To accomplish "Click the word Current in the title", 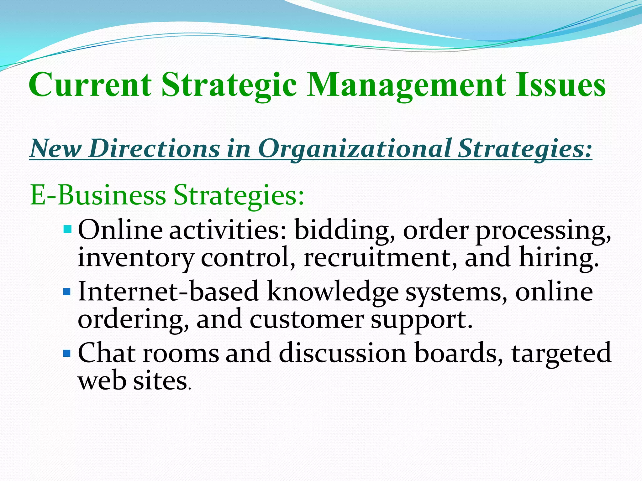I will point(90,85).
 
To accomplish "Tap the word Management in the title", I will point(406,85).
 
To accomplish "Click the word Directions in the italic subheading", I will point(154,148).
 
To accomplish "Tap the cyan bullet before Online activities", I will point(67,229).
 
